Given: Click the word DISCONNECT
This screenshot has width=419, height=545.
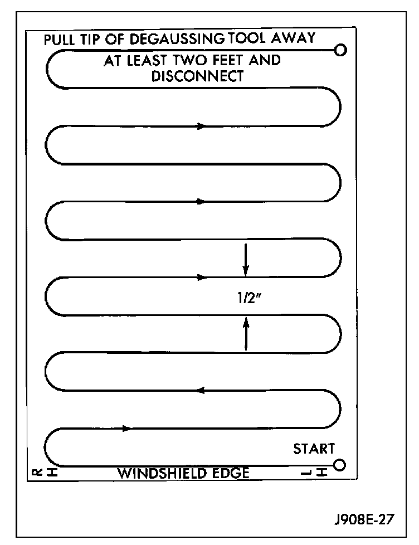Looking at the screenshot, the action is pos(197,76).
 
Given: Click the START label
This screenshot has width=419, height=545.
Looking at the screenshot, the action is pos(314,449).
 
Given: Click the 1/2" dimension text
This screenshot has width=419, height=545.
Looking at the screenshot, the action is pos(247,296).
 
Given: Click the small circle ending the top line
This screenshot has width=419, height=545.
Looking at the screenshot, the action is pos(340,51).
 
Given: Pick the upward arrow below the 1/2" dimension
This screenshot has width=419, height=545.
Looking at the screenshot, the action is pos(246,333).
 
